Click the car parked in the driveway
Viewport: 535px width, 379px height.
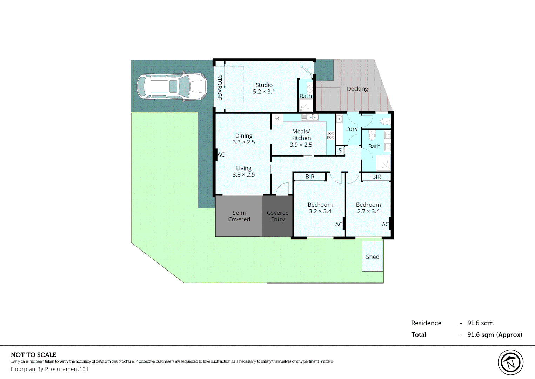click(x=172, y=86)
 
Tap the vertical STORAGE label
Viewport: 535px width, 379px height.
click(x=220, y=87)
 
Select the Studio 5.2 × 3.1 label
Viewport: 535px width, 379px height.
click(x=264, y=88)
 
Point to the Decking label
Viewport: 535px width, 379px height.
click(x=357, y=89)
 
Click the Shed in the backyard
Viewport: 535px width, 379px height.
click(x=372, y=257)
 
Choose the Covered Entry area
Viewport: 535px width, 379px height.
click(x=277, y=216)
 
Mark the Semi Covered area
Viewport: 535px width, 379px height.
click(x=239, y=216)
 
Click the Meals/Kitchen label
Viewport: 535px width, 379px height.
click(x=301, y=138)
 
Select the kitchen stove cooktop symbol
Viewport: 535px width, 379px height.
click(x=330, y=135)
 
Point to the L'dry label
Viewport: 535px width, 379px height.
click(x=351, y=129)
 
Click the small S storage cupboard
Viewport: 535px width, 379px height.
click(x=340, y=151)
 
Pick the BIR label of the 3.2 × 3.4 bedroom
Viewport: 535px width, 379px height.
click(x=310, y=177)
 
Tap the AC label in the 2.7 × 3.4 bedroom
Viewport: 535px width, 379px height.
click(x=385, y=224)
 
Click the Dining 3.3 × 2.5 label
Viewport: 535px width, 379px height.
click(x=243, y=139)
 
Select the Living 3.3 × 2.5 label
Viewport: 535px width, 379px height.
click(x=243, y=172)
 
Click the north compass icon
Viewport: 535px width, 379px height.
click(x=510, y=363)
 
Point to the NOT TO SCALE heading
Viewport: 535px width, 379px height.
click(x=34, y=355)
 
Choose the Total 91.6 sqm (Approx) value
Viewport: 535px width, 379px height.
click(x=494, y=335)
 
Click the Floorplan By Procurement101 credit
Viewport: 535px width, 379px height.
click(x=49, y=369)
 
